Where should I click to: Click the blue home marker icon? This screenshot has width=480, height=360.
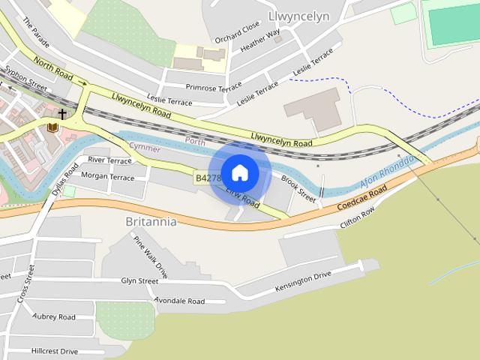click(x=239, y=173)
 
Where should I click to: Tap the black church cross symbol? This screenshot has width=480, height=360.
click(x=62, y=114)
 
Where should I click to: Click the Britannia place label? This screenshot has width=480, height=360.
click(x=151, y=222)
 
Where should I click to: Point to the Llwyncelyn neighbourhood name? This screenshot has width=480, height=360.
click(x=298, y=16)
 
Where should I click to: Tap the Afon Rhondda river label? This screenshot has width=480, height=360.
click(x=388, y=175)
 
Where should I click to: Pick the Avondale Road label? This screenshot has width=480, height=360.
click(x=179, y=301)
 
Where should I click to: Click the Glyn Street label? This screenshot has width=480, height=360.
click(x=139, y=280)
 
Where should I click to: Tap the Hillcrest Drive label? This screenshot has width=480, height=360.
click(x=55, y=350)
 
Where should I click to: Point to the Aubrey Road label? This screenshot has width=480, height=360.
click(x=54, y=316)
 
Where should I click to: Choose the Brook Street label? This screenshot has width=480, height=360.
click(x=298, y=187)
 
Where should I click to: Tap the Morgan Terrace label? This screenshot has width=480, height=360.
click(x=107, y=177)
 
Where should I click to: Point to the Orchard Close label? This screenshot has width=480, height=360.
click(x=237, y=33)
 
